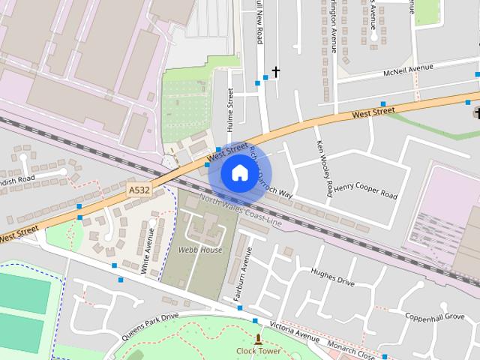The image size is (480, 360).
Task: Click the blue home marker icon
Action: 238,173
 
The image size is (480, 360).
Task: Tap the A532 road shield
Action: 139,190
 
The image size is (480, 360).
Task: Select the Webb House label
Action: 200,250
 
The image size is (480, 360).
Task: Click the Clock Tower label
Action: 258,351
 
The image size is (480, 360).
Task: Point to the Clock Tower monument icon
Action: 259,340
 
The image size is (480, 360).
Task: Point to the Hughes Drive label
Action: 332,277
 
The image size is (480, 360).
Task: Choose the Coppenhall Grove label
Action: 434,317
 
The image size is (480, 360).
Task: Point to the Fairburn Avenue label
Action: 238,277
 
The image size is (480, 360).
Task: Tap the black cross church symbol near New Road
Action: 275,72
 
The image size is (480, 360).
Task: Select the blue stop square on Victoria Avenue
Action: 255,321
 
